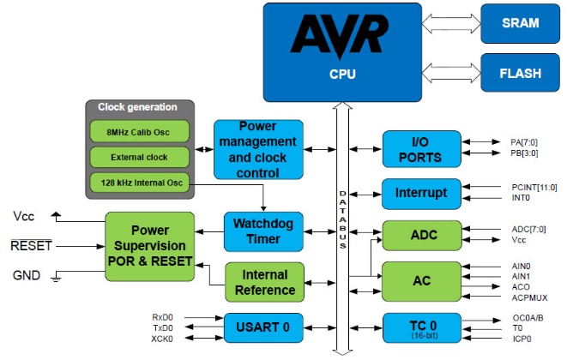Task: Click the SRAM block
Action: pos(522,24)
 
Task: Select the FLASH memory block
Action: pos(522,73)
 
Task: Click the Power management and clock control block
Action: pos(258,150)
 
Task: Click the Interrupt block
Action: pos(420,193)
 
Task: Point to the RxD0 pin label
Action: pos(164,317)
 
